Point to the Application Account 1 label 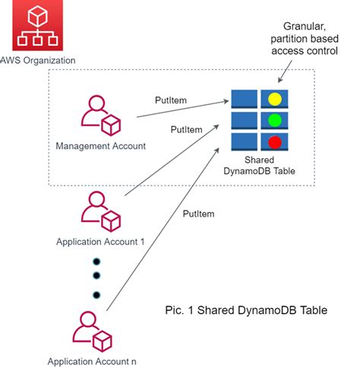(x=100, y=241)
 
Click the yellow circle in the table (x=274, y=99)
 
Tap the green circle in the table (x=274, y=120)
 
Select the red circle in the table (x=274, y=141)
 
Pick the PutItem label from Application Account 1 (x=186, y=129)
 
